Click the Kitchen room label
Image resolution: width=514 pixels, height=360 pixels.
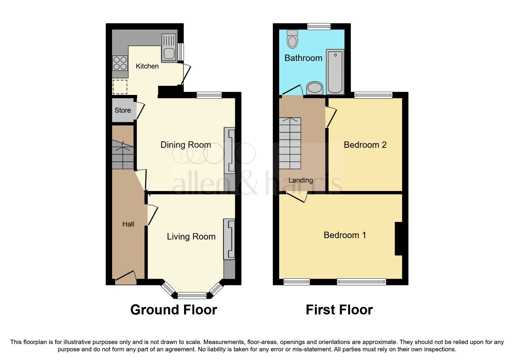[x=147, y=66]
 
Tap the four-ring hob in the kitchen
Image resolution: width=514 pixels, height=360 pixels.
[x=120, y=63]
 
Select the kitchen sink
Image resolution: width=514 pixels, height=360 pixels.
[x=169, y=53]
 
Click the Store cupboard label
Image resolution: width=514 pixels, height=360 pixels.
[x=122, y=110]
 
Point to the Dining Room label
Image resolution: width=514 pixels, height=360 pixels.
[x=185, y=145]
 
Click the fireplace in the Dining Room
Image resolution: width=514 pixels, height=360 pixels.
[x=230, y=151]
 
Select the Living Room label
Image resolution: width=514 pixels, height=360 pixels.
[x=191, y=237]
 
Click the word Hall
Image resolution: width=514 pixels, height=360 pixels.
[x=128, y=224]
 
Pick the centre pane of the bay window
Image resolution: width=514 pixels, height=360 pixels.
[x=192, y=296]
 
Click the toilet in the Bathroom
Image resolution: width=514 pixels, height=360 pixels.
[x=292, y=39]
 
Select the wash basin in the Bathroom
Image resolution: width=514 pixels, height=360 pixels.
[x=315, y=88]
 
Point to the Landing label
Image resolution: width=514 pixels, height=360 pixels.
[x=300, y=180]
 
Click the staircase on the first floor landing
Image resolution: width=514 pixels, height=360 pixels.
[x=290, y=143]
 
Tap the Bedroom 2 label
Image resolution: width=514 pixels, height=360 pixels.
[x=365, y=145]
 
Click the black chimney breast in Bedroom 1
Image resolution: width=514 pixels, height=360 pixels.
[x=398, y=239]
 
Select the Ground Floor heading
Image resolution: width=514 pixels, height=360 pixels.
[x=174, y=310]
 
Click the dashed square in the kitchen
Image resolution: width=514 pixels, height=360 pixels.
[x=120, y=87]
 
